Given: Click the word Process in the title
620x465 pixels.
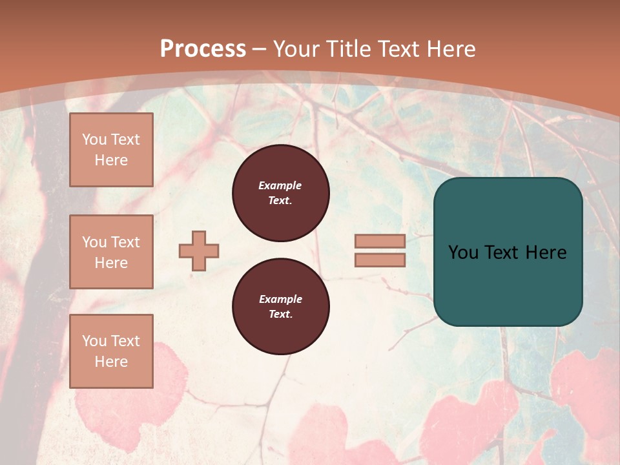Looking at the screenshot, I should coord(203,48).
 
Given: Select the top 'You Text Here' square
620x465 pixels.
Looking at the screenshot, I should coord(111,150).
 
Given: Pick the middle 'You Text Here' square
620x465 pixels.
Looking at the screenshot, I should coord(111,252).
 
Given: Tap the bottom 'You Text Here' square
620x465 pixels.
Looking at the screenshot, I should coord(111,351).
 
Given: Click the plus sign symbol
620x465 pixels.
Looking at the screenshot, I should coord(199,251).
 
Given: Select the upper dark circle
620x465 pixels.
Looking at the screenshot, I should coord(280,192).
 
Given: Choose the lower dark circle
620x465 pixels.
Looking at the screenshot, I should coord(280,307).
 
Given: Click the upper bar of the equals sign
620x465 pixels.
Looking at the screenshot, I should coord(380,242).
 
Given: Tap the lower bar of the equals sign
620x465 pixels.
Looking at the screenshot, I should coord(380,260).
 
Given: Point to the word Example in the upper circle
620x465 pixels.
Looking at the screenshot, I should coord(280,185).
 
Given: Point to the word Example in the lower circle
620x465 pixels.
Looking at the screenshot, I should coord(280,299).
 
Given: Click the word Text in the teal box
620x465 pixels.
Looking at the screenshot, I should coord(507,253).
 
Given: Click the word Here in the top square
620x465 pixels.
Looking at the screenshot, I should coord(111,160).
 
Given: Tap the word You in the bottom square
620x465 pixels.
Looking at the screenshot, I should coord(94,341).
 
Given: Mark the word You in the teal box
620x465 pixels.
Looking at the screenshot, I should coord(463,253).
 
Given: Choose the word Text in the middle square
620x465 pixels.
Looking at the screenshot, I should coord(125,242).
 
